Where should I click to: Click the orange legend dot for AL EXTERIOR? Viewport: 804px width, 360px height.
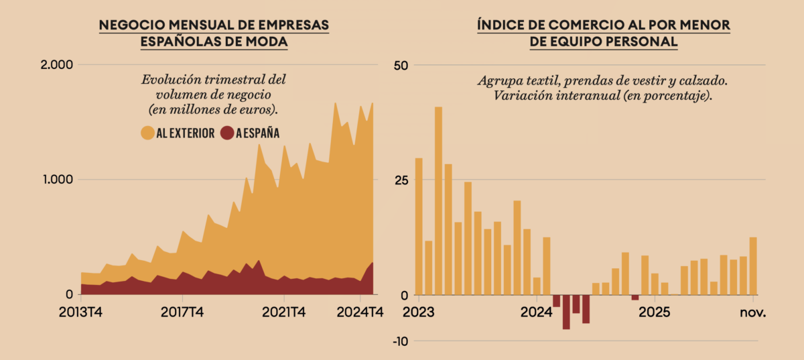pos(147,133)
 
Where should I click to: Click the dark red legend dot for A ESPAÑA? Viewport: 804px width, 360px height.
pos(227,133)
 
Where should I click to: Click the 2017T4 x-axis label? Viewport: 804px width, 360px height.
pos(182,312)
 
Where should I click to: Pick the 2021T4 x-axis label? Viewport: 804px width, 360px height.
pos(284,312)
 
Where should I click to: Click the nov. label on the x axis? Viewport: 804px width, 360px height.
pos(752,312)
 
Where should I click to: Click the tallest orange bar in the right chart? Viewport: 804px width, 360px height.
pos(438,201)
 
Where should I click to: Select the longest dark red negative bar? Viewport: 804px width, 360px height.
pos(566,312)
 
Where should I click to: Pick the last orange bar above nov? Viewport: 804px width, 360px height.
pos(753,266)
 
